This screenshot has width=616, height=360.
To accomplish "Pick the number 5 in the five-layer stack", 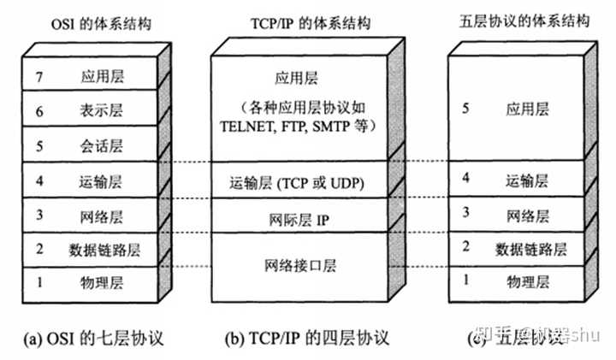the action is (x=465, y=109).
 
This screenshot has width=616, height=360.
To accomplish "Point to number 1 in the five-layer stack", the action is (x=465, y=280).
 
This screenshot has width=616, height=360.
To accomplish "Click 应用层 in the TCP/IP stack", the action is (x=296, y=79).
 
